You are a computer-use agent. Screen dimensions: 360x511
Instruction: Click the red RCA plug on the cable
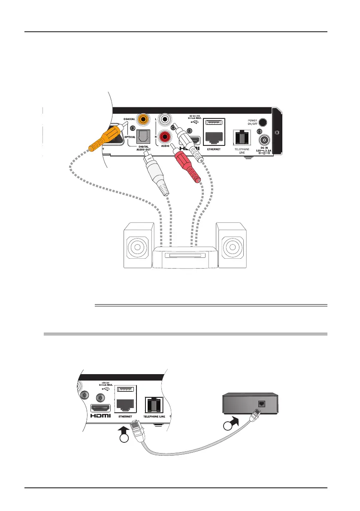click(x=189, y=165)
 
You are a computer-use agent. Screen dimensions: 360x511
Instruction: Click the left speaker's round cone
click(x=138, y=248)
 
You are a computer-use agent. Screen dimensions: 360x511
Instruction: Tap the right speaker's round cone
click(x=232, y=248)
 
